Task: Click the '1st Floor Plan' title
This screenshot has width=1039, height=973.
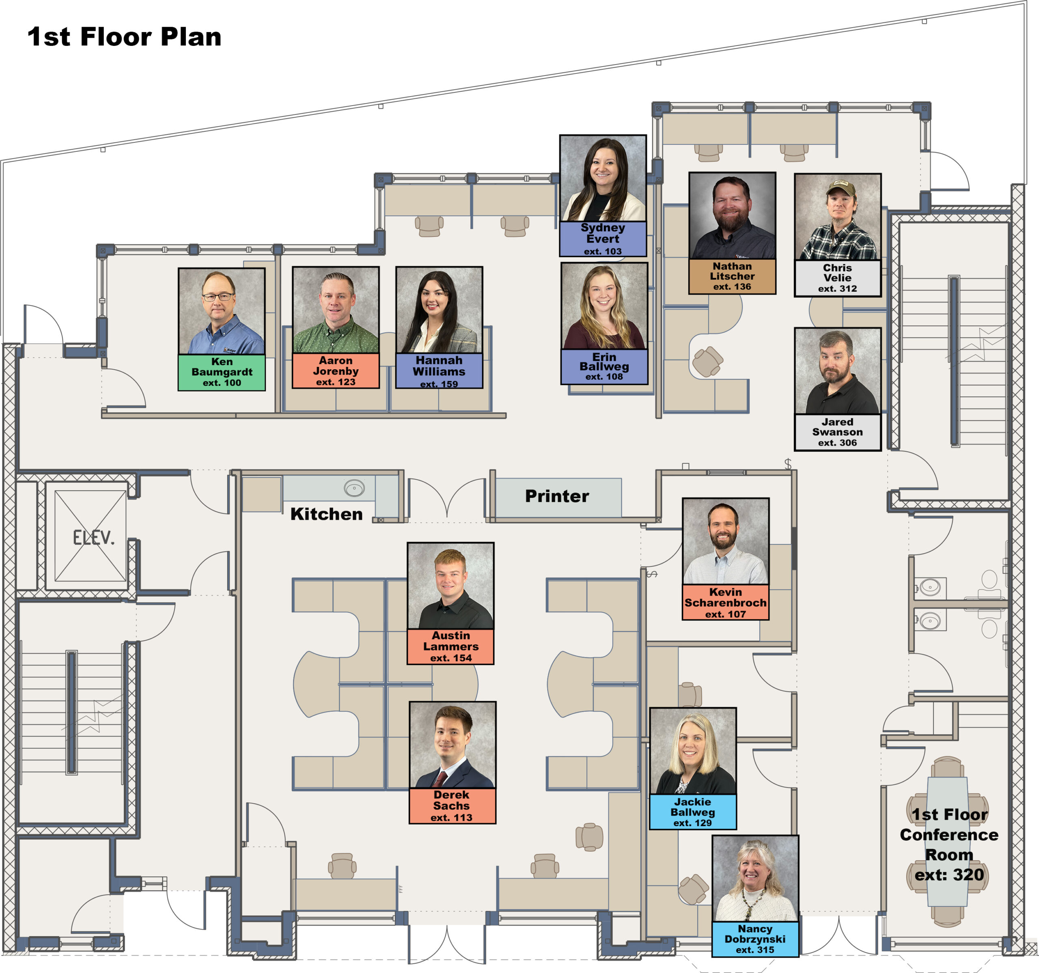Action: click(124, 37)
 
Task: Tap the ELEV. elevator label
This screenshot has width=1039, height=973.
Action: click(94, 537)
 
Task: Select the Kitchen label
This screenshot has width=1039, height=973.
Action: click(327, 514)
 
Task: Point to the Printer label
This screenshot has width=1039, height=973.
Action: click(557, 496)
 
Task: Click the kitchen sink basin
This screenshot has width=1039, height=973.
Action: click(354, 489)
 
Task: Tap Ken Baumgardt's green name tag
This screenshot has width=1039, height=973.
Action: click(222, 372)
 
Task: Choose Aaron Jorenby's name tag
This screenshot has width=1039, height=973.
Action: click(336, 371)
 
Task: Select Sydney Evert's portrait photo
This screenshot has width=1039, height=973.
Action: click(603, 178)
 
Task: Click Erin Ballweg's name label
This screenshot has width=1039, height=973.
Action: click(604, 367)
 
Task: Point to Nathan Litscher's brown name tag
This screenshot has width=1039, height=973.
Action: click(732, 276)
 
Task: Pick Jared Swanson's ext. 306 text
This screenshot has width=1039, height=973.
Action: click(838, 443)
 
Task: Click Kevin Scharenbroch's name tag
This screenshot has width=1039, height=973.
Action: click(725, 603)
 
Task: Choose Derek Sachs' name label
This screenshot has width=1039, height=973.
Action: click(452, 806)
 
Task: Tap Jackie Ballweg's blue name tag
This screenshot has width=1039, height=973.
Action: click(693, 812)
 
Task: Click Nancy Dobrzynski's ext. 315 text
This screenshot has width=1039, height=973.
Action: click(755, 949)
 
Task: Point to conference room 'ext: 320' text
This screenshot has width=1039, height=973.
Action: click(949, 875)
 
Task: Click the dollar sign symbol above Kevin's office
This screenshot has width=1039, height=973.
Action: click(788, 463)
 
